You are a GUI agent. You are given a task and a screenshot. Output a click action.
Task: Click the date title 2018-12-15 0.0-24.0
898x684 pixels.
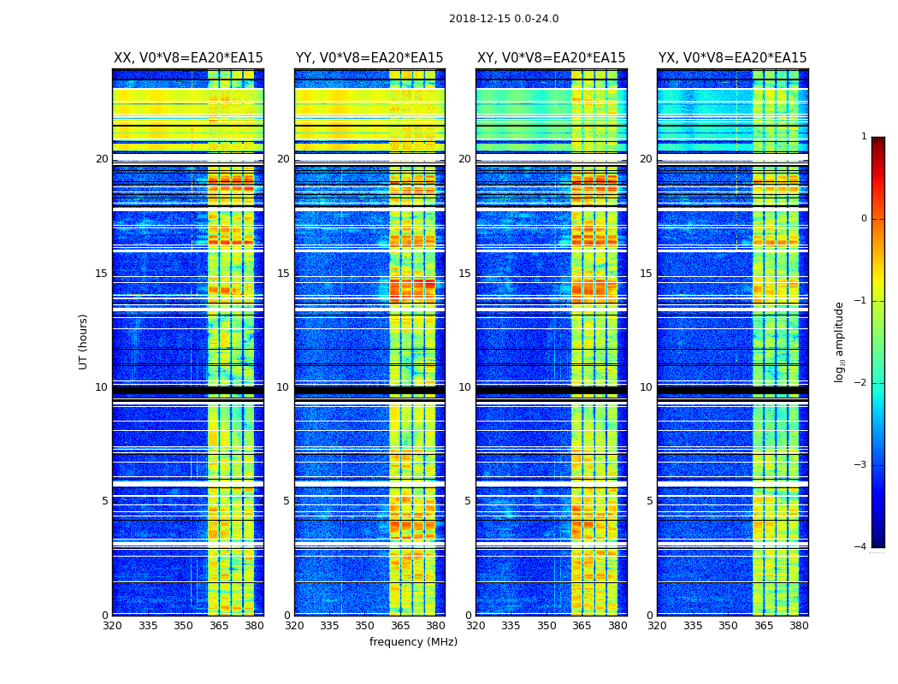504,19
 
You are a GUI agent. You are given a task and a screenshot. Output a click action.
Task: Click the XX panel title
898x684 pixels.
188,58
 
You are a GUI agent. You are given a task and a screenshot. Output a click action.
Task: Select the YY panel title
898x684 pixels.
369,58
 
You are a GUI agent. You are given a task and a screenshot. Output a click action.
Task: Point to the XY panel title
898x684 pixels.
552,58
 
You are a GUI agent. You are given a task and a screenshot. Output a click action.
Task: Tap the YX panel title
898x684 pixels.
733,58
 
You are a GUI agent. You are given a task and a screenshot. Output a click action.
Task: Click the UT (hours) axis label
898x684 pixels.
84,341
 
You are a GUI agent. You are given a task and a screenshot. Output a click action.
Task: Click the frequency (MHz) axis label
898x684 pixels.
413,642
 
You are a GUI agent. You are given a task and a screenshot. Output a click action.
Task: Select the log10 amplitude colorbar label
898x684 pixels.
840,341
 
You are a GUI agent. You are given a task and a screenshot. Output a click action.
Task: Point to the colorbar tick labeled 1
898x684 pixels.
863,137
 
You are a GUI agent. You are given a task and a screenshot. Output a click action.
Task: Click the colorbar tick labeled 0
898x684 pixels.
863,219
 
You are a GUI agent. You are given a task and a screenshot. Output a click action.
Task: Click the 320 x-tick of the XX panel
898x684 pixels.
112,626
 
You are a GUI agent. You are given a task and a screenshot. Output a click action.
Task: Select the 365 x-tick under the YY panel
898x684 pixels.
400,626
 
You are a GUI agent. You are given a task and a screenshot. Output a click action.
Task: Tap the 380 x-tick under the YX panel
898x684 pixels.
799,626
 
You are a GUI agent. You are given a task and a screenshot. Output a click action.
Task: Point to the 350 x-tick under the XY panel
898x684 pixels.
546,626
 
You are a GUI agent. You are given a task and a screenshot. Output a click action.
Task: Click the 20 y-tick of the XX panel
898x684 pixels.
102,159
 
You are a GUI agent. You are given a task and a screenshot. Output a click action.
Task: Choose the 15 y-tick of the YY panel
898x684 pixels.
283,274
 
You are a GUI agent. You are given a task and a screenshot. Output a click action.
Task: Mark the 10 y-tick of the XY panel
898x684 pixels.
464,387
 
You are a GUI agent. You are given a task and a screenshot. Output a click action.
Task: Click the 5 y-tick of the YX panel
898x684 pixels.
649,501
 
